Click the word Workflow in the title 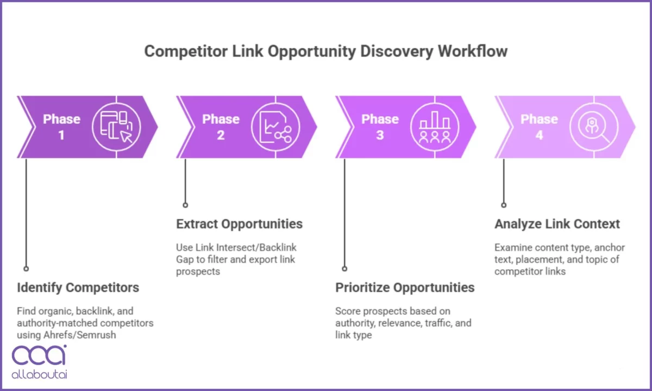pyautogui.click(x=473, y=52)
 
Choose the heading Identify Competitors pyautogui.click(x=78, y=287)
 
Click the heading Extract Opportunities pyautogui.click(x=239, y=224)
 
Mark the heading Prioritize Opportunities pyautogui.click(x=405, y=287)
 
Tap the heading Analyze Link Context pyautogui.click(x=557, y=224)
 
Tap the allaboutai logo pyautogui.click(x=39, y=361)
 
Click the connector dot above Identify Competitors pyautogui.click(x=26, y=268)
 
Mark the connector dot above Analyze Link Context pyautogui.click(x=504, y=205)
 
